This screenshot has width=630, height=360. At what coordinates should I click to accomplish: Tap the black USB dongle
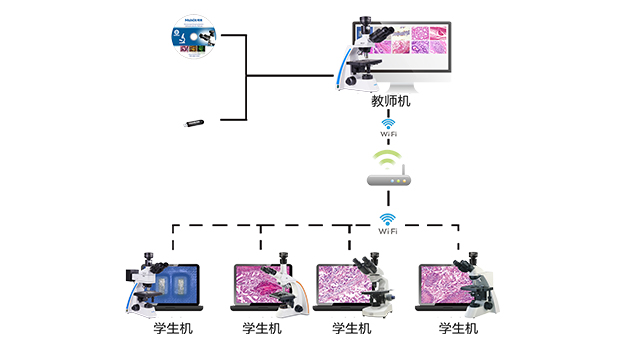pos(195,123)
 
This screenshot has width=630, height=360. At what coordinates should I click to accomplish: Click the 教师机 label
pos(390,101)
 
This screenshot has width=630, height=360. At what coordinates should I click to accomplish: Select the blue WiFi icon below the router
pos(388,218)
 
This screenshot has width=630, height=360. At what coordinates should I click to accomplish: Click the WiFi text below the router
pos(388,232)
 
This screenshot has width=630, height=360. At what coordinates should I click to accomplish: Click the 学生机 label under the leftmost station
pos(164,328)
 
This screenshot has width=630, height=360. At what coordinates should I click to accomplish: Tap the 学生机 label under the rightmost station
pos(459,328)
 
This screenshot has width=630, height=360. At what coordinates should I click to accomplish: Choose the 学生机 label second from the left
pos(261,328)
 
